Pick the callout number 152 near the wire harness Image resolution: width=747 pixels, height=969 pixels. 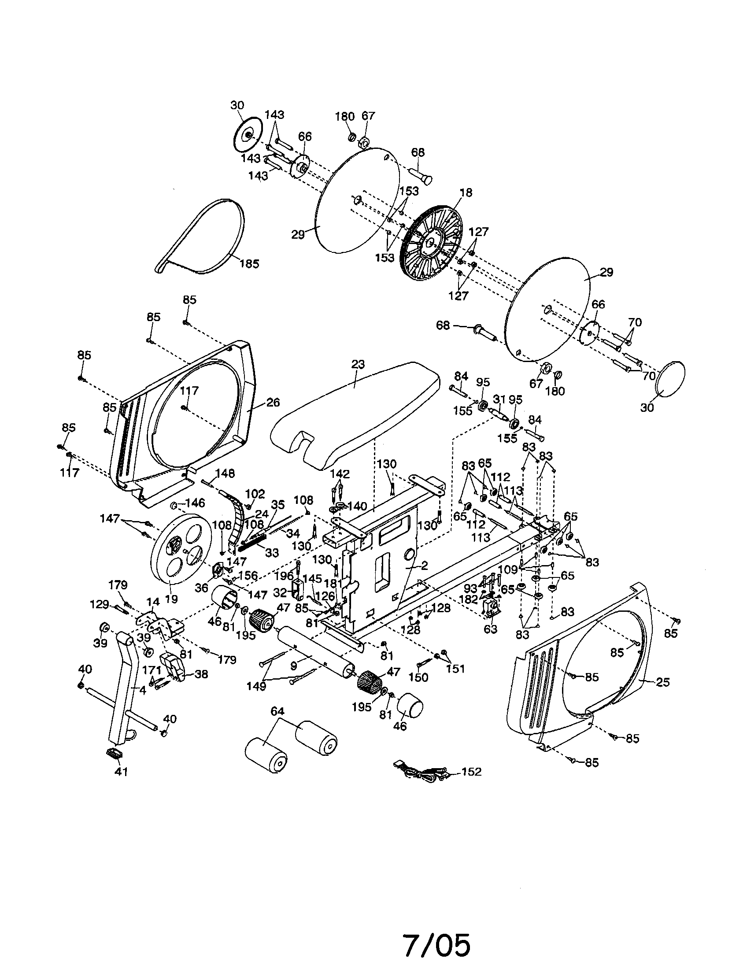(x=471, y=772)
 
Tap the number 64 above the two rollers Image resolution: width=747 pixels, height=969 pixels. (x=277, y=711)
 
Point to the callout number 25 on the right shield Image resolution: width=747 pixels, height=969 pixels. (x=662, y=682)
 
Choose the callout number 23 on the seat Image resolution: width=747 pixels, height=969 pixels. (x=358, y=364)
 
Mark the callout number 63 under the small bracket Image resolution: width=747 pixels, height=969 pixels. (x=490, y=629)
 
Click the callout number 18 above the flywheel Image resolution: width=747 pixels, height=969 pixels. (x=466, y=192)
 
